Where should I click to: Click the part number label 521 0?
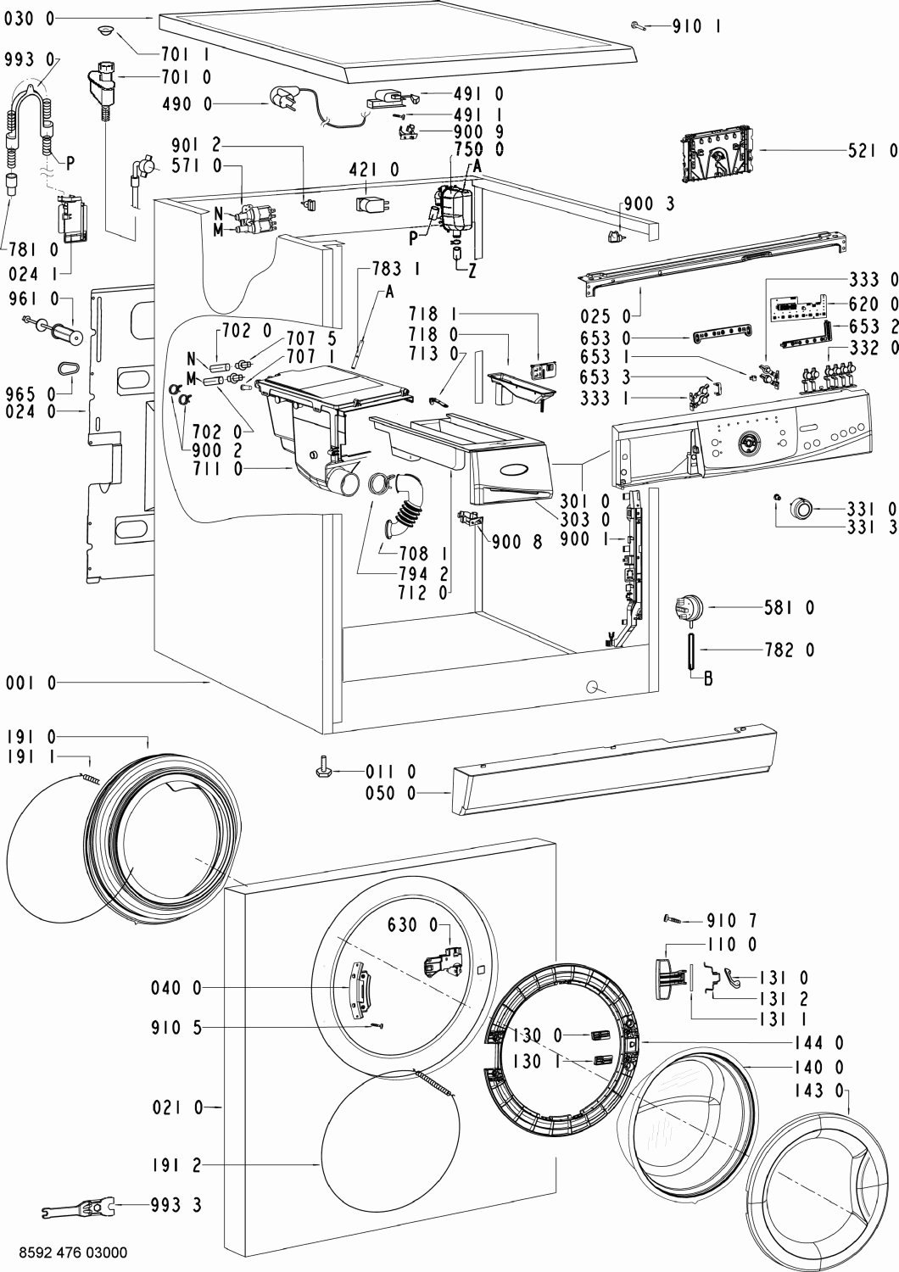click(x=873, y=150)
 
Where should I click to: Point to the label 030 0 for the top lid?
click(x=29, y=19)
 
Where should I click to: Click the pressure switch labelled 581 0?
click(x=689, y=609)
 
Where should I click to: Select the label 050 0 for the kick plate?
click(x=391, y=793)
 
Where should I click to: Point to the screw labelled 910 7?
click(x=673, y=918)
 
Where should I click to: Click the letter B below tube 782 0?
click(x=707, y=678)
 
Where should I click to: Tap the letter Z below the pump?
click(x=472, y=271)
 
